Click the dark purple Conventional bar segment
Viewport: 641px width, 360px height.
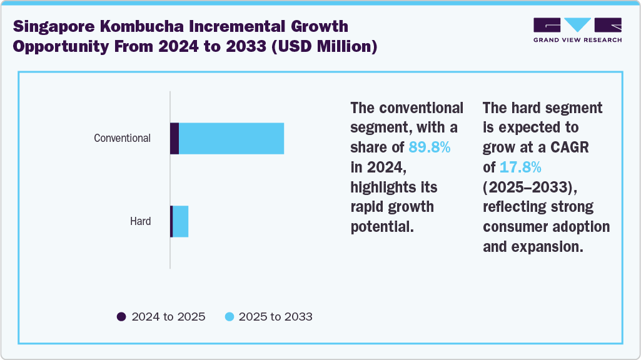[174, 138]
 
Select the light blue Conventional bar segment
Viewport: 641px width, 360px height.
[231, 138]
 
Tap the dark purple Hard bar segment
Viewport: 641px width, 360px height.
[171, 221]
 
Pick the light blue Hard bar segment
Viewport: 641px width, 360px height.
[181, 221]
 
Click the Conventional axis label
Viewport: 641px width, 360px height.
[122, 138]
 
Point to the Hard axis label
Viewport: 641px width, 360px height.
[140, 221]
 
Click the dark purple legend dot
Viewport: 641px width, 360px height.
[122, 316]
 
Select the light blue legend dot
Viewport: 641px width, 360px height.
[229, 316]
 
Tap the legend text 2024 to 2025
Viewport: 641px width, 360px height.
[168, 316]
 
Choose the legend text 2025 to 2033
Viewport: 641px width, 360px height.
[275, 316]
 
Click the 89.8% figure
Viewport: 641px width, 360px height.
[430, 147]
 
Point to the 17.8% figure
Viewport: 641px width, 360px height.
[520, 167]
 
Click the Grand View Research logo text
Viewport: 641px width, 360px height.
[577, 40]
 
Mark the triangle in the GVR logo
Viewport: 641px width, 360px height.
[577, 25]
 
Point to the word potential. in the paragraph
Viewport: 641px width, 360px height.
[382, 226]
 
